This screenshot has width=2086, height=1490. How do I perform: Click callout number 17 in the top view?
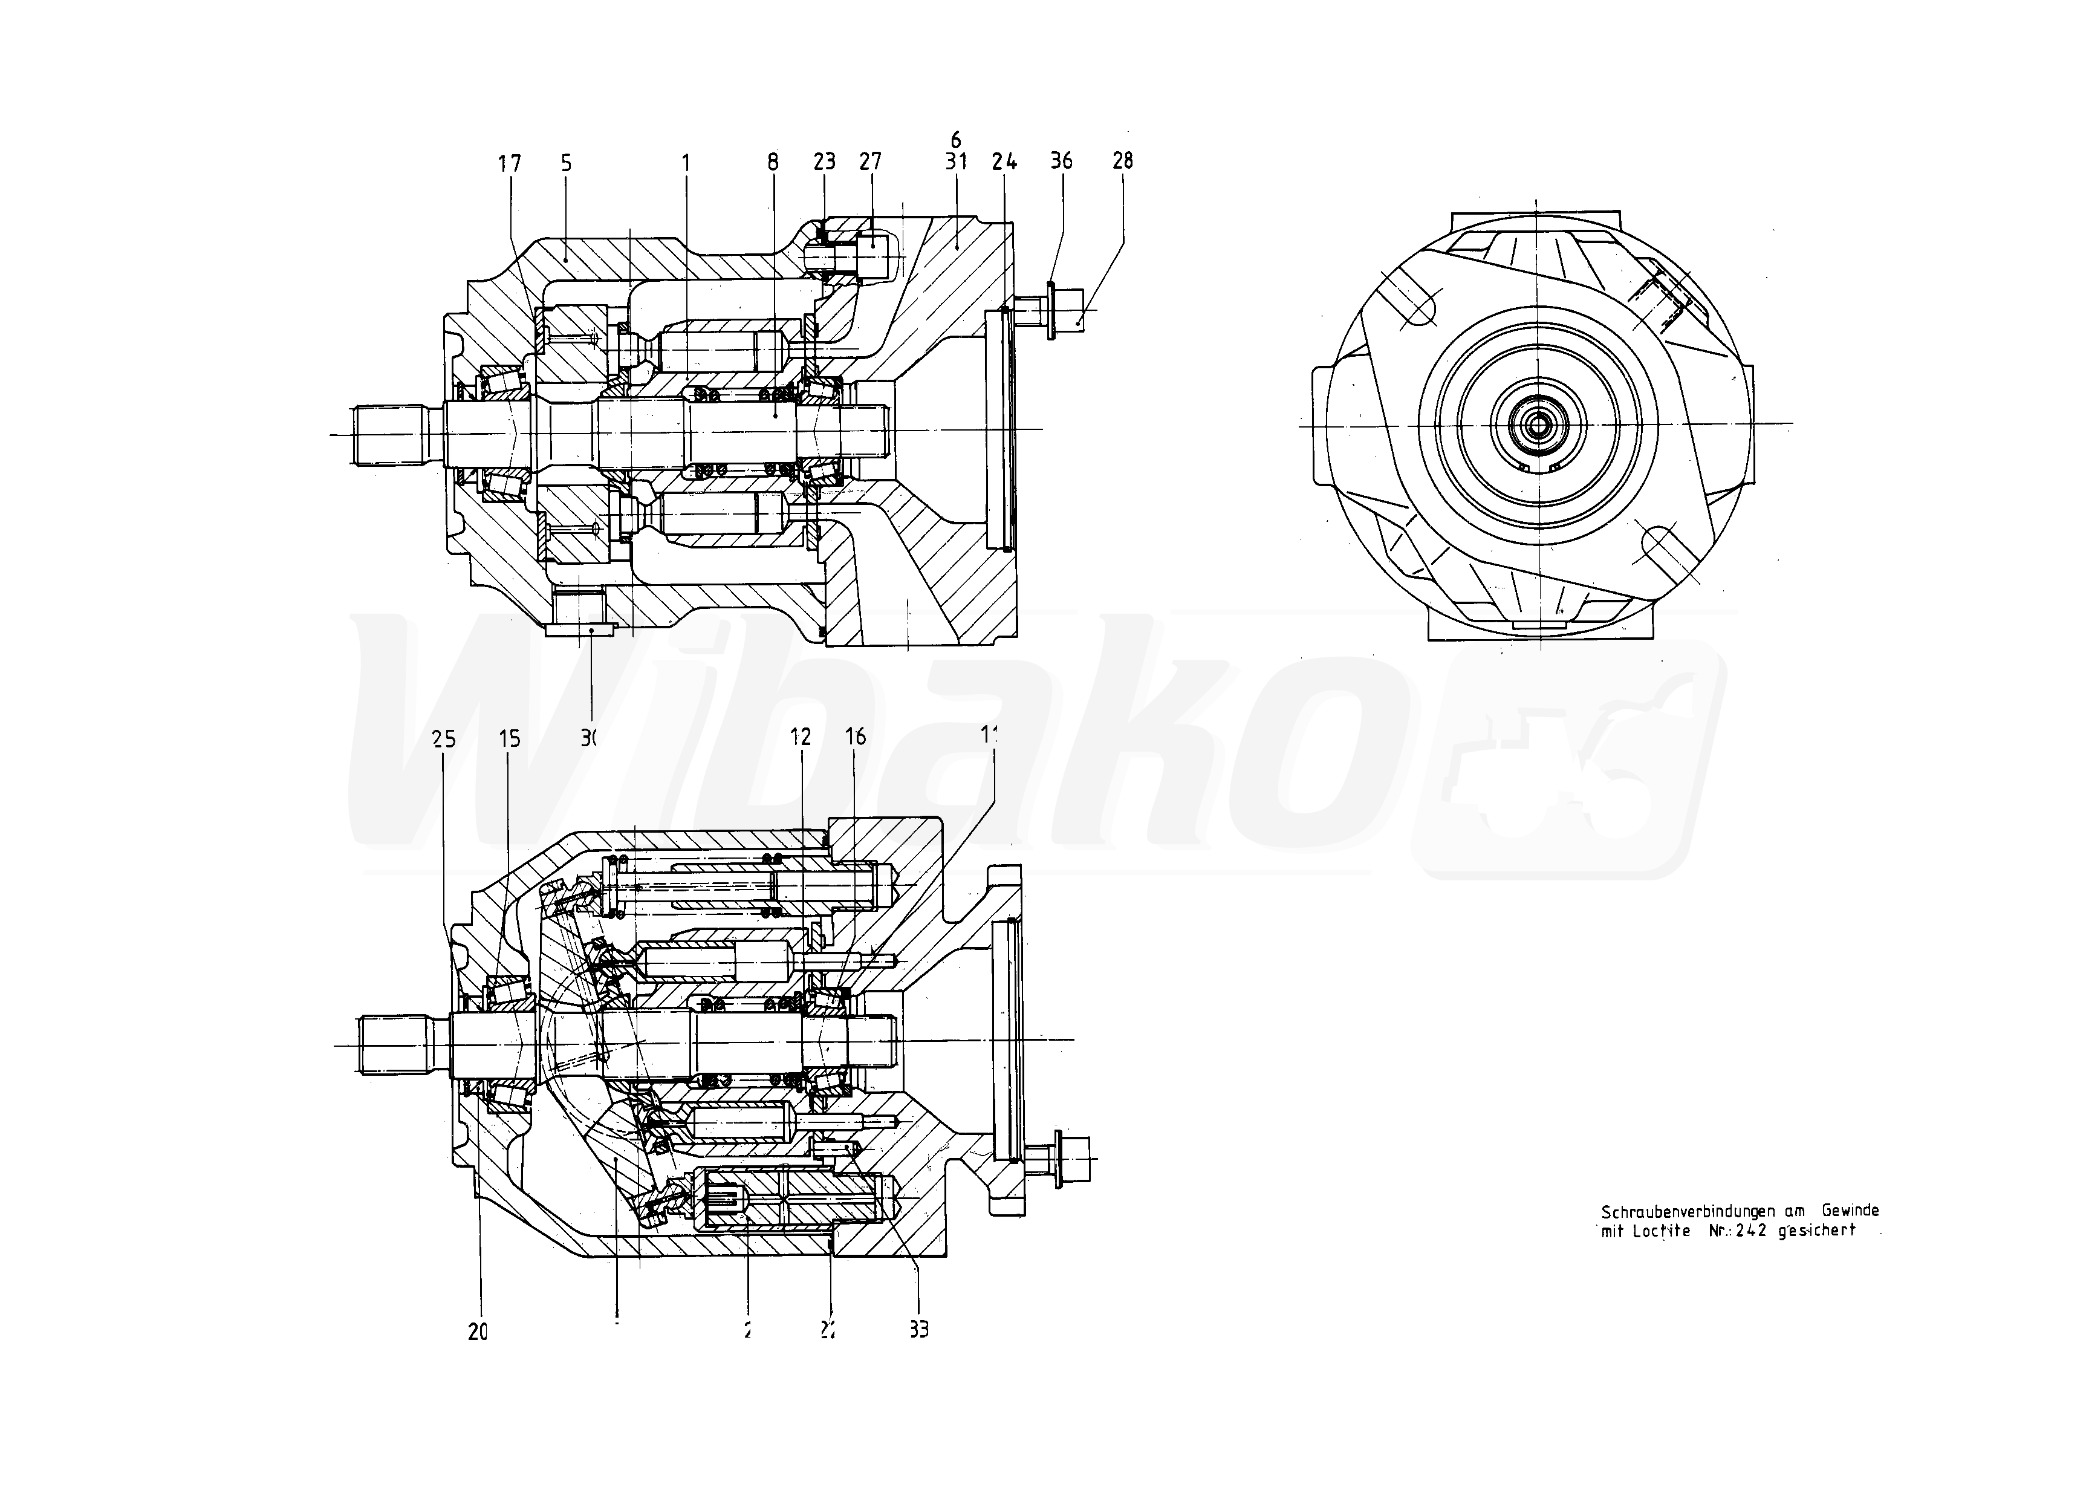(x=509, y=163)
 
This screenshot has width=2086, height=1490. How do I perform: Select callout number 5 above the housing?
(x=566, y=163)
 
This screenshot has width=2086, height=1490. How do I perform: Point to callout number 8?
(x=772, y=163)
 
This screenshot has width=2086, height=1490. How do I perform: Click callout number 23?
(x=824, y=161)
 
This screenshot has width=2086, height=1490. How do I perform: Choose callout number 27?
(x=869, y=161)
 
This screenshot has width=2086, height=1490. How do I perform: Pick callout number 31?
(x=956, y=161)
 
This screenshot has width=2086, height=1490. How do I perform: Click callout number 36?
(x=1061, y=161)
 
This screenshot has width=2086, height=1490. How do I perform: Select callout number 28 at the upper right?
(x=1122, y=161)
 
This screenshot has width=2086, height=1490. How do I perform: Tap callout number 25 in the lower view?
(x=444, y=738)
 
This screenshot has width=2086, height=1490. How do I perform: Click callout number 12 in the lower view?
(x=801, y=737)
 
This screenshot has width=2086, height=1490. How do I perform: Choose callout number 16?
(x=855, y=737)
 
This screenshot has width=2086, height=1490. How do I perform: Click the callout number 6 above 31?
(x=956, y=140)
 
